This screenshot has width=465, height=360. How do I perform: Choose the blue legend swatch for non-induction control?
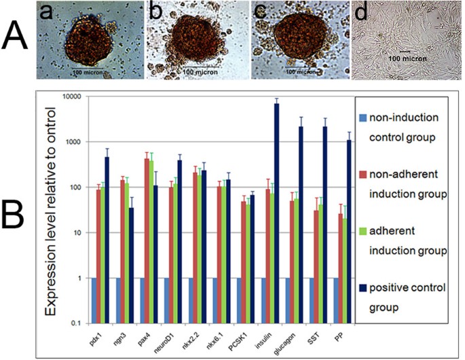(x=365, y=117)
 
